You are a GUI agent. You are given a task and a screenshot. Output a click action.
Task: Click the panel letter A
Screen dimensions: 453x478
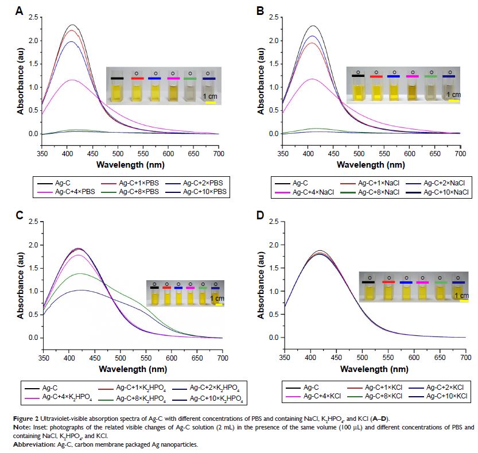20,10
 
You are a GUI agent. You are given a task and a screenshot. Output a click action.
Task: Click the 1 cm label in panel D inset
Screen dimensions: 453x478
461,296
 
